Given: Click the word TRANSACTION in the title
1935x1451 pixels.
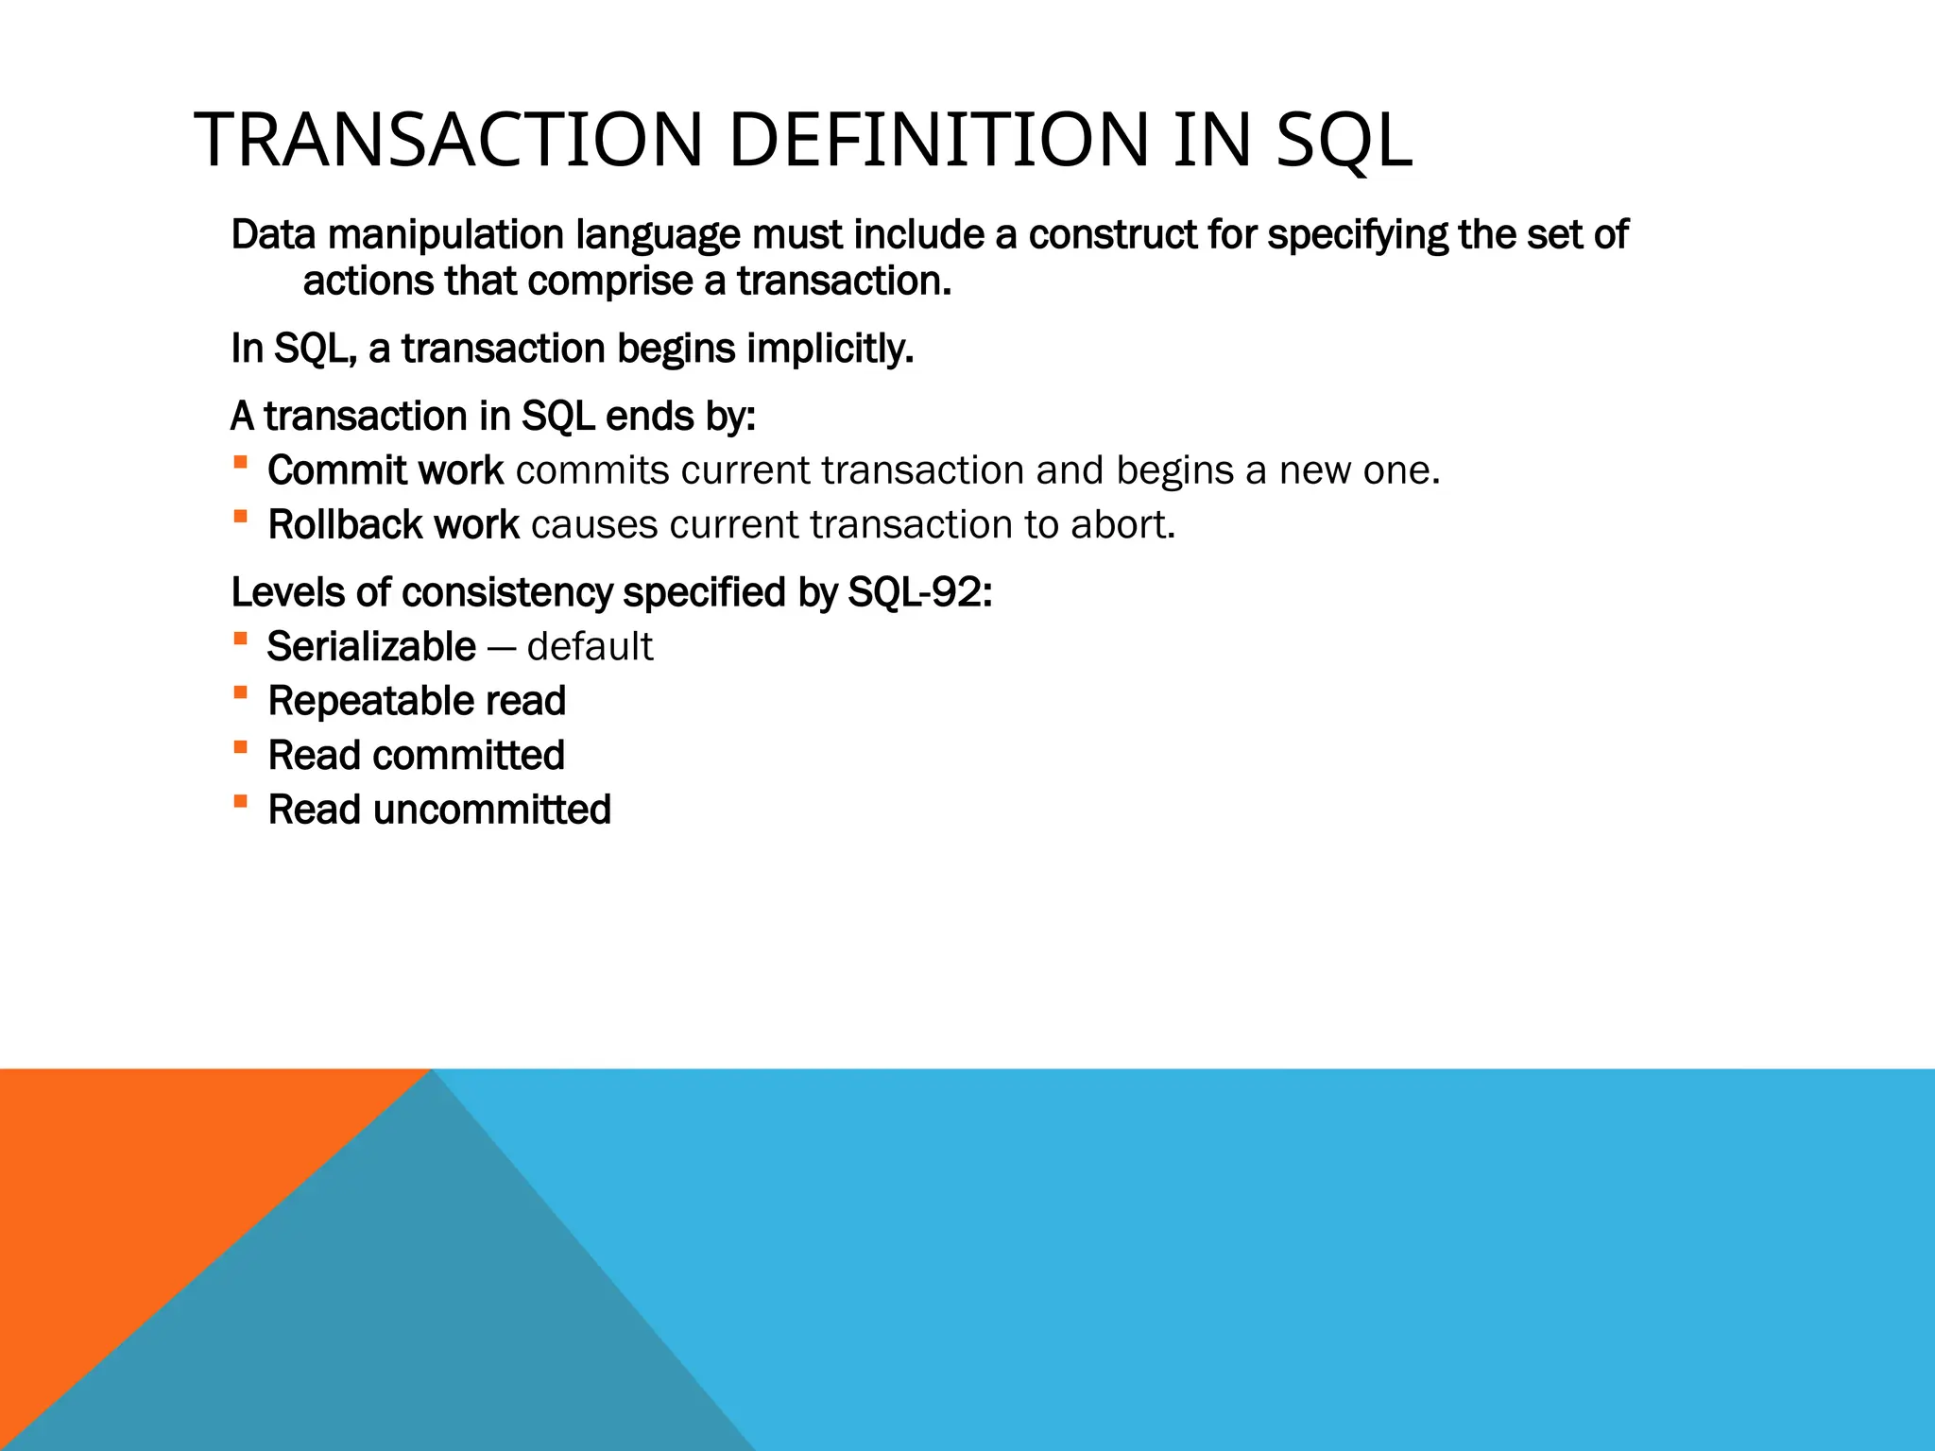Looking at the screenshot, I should [449, 141].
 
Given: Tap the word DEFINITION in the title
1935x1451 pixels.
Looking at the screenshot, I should [938, 141].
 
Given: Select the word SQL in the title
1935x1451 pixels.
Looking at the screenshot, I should [1344, 141].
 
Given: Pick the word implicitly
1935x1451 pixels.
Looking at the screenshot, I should [830, 349].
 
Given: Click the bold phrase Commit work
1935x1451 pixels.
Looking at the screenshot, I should [385, 470].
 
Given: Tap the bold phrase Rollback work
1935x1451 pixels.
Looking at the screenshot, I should [393, 525].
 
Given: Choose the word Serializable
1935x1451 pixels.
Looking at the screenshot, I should [371, 647].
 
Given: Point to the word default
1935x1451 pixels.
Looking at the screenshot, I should [590, 647].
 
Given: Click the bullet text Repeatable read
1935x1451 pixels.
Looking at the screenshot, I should [417, 702].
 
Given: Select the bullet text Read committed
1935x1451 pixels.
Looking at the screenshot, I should [416, 756].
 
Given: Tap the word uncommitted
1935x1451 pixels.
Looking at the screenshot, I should [492, 811].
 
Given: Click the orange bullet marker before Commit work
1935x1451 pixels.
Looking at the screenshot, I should [241, 462].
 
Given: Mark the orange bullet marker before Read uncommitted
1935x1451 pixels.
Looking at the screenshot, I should [241, 802].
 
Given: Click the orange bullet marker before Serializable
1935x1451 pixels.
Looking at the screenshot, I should [241, 639].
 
